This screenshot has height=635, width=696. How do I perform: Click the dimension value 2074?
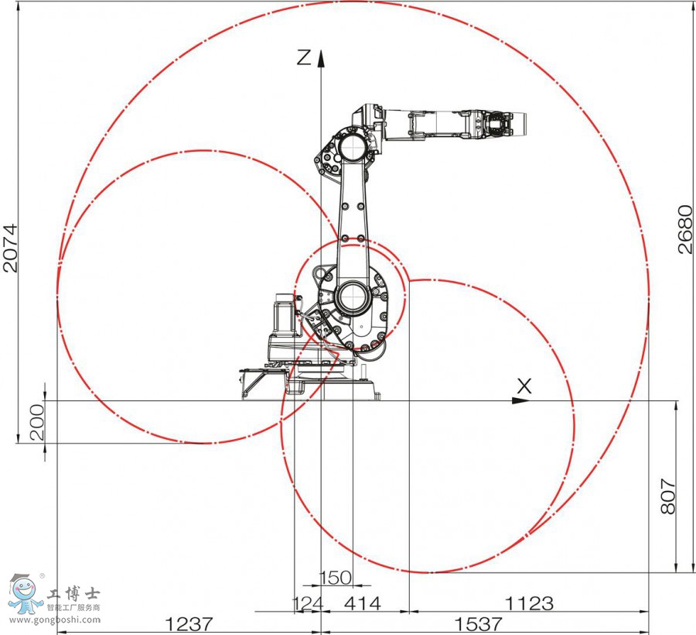(x=10, y=248)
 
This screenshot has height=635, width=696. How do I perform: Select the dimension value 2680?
(x=685, y=229)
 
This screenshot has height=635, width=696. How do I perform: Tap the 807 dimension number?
(x=667, y=496)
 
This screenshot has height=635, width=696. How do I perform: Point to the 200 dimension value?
(x=37, y=422)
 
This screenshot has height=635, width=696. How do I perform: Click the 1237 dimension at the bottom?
(x=189, y=624)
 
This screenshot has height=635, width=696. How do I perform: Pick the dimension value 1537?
(x=479, y=624)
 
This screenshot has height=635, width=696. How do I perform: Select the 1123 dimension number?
(x=530, y=604)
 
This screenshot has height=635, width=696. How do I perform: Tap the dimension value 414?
(x=363, y=604)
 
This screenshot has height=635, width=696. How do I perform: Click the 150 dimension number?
(x=336, y=578)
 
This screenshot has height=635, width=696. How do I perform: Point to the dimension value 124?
(x=308, y=604)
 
